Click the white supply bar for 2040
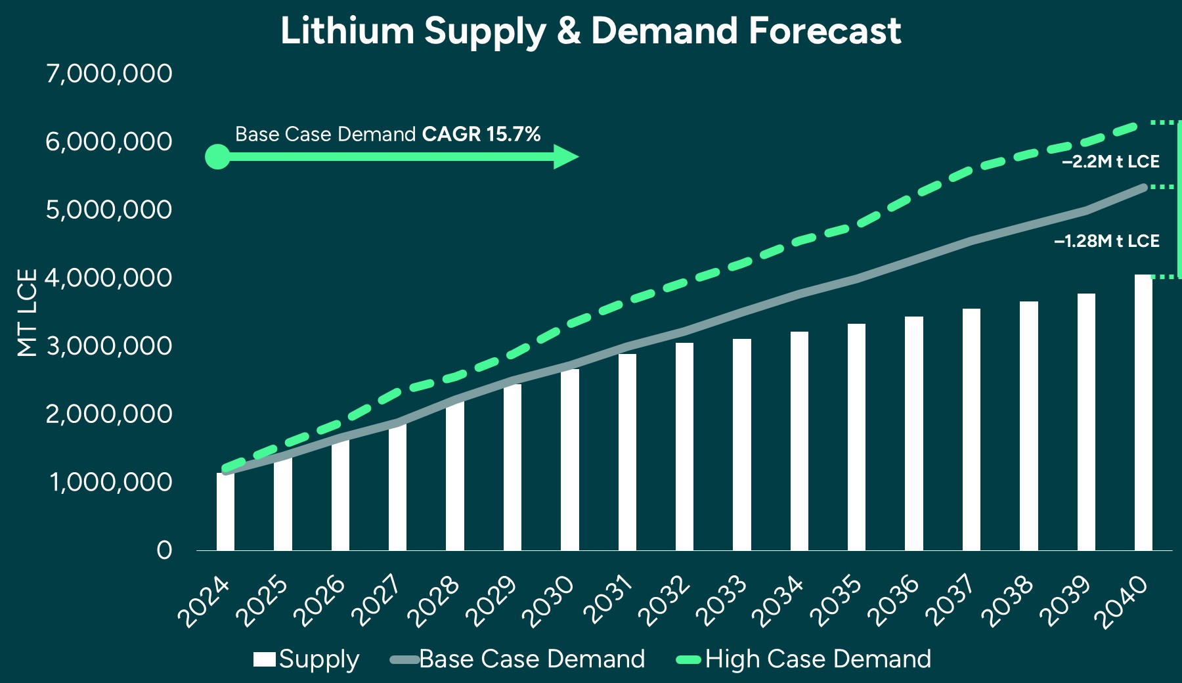click(1143, 414)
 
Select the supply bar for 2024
click(225, 512)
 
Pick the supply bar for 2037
click(971, 430)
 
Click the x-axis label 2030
click(549, 601)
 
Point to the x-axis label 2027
click(376, 601)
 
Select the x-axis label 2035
click(836, 601)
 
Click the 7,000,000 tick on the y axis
click(109, 73)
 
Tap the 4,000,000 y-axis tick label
click(109, 278)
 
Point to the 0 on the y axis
click(164, 550)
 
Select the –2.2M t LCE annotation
click(1110, 162)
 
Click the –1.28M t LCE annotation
click(1106, 241)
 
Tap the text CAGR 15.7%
click(481, 134)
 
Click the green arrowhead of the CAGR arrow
click(564, 157)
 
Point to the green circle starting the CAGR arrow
click(217, 157)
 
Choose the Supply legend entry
click(306, 659)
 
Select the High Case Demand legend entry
click(804, 659)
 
